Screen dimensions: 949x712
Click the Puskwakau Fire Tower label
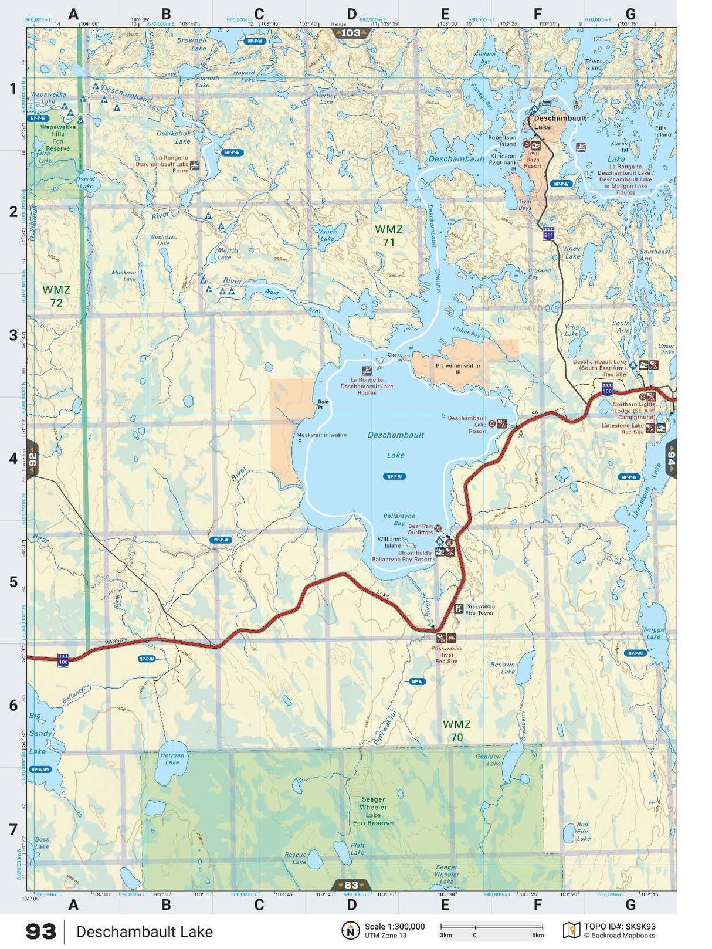(x=479, y=609)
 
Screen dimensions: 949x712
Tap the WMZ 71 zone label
(x=389, y=235)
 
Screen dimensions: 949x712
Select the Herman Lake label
(x=172, y=758)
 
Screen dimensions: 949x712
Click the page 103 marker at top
(x=351, y=33)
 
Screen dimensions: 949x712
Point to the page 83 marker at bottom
(x=351, y=885)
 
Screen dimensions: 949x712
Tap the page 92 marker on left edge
(x=32, y=459)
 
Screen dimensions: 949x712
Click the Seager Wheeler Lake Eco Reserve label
(x=373, y=811)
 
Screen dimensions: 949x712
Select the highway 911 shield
(x=548, y=235)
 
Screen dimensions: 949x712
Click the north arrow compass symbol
(x=350, y=930)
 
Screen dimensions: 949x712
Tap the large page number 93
(x=41, y=931)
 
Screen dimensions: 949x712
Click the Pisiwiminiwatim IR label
(x=457, y=368)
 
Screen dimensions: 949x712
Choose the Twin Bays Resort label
(x=533, y=160)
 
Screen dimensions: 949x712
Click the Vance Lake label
(x=327, y=235)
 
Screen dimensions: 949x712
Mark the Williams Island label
(x=389, y=543)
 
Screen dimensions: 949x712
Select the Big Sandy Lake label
(x=39, y=733)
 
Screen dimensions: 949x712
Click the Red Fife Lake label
(x=583, y=831)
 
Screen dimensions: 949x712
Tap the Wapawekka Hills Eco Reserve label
(x=57, y=138)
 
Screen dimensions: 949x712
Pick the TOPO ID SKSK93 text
(x=619, y=927)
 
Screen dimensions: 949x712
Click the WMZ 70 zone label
(x=456, y=731)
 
